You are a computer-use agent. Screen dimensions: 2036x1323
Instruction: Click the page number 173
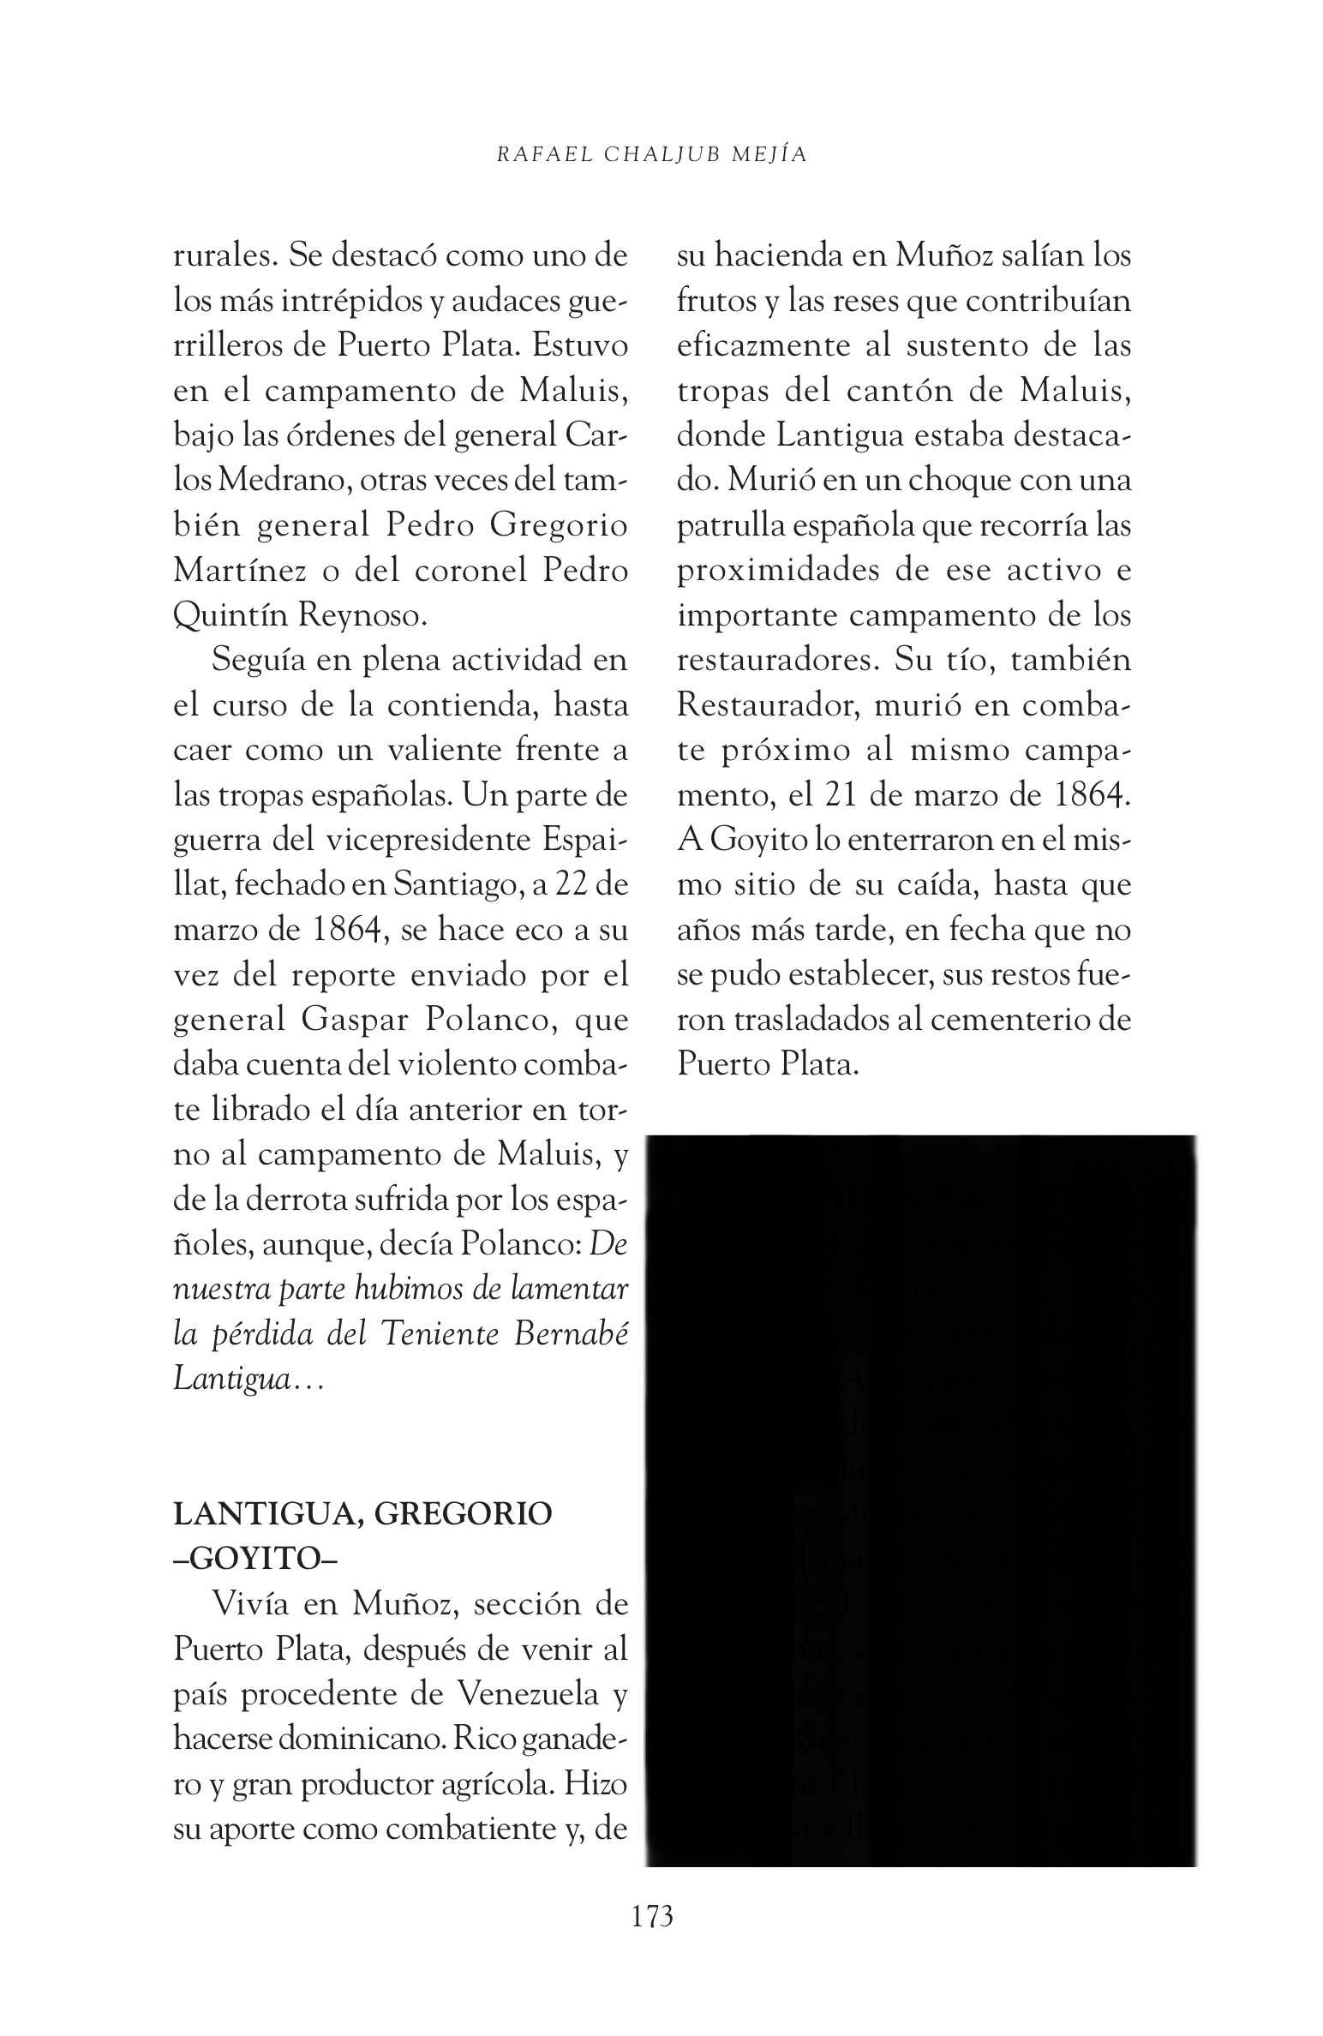652,1916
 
